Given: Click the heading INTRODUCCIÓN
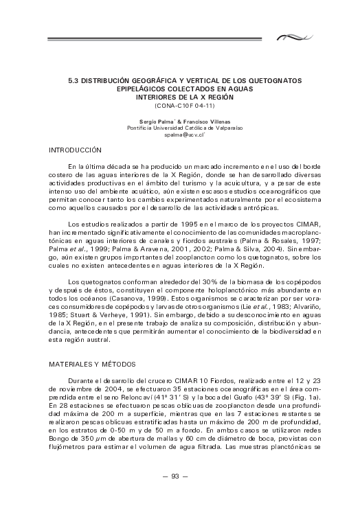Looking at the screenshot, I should click(76, 150).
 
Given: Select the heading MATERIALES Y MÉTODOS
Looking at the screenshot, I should click(92, 364).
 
